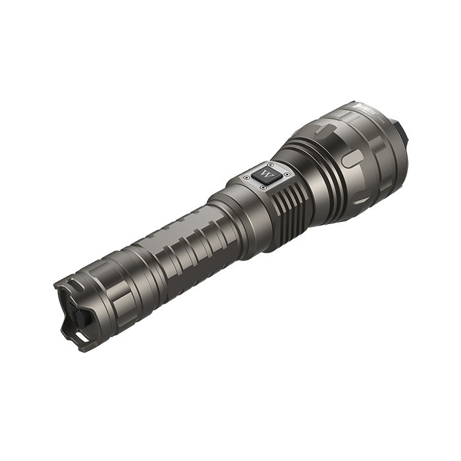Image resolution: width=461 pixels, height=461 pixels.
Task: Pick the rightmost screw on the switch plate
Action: [x=282, y=176]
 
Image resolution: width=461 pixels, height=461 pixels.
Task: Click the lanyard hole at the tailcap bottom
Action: [x=80, y=336]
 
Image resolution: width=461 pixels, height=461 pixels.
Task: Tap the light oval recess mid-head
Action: [x=353, y=159]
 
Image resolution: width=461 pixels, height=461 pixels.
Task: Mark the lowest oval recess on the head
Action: [x=362, y=200]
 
